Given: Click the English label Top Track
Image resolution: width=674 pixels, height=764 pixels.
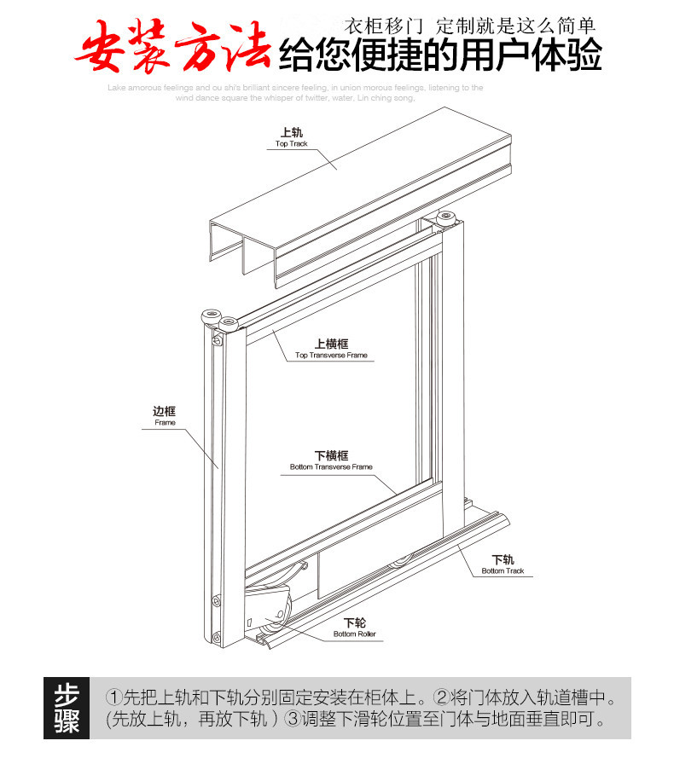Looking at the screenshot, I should [291, 144].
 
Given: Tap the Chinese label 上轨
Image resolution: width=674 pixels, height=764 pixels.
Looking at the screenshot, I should [291, 132].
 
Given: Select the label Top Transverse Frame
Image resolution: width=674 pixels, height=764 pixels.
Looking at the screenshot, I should [331, 356].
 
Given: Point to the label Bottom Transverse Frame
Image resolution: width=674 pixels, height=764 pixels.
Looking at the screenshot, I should [331, 467].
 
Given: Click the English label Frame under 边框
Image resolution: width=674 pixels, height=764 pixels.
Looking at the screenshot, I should [165, 423].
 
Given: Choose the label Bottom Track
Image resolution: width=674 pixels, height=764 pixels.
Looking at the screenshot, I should [503, 571].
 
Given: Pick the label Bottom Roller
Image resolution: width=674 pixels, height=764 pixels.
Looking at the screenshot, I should [354, 634].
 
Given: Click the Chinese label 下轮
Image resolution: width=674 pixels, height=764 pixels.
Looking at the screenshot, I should [354, 622].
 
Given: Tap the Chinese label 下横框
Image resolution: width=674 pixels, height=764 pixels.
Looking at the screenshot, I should [331, 455].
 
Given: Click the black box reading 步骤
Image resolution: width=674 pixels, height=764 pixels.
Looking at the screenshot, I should [67, 708].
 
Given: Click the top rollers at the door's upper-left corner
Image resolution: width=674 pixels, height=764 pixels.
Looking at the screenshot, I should [218, 319].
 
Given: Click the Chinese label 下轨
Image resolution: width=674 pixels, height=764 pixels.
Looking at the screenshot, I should [503, 559].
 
